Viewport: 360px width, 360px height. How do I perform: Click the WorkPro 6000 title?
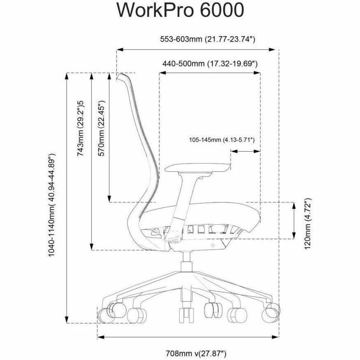[180, 10]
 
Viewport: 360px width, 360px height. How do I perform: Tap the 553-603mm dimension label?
[208, 39]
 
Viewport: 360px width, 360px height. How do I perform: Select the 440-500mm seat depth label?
[210, 63]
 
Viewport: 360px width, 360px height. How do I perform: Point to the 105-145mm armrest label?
[222, 140]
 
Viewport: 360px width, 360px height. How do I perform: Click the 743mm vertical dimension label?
[80, 128]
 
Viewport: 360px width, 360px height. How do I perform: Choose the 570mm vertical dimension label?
[101, 128]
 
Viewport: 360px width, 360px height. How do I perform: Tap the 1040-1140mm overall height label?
[52, 205]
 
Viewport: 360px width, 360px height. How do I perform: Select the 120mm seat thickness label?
[308, 224]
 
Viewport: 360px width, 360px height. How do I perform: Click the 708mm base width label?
[196, 353]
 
